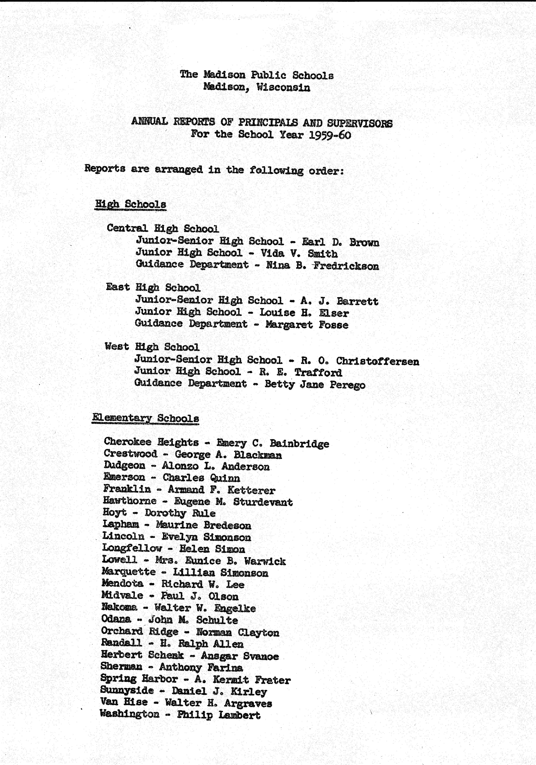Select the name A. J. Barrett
[339, 301]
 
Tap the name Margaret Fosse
[307, 325]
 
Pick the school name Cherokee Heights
[151, 442]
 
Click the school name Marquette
[129, 572]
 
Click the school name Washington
[130, 714]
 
